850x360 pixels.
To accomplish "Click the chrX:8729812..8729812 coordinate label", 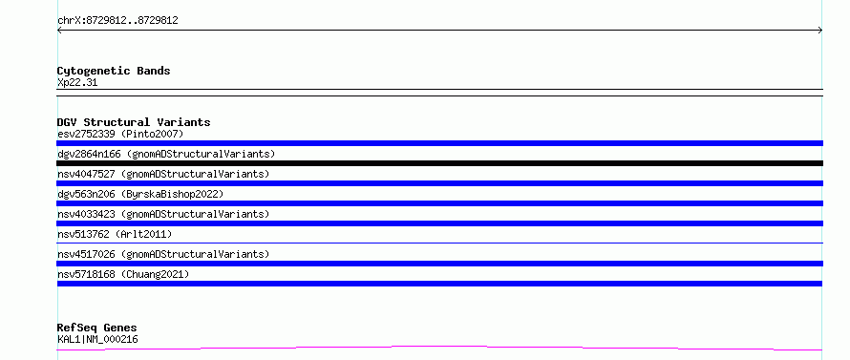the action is [117, 21].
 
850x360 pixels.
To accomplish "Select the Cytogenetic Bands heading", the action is [114, 71].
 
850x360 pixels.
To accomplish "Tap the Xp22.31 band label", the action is [77, 83].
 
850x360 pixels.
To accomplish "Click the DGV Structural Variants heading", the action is [134, 122].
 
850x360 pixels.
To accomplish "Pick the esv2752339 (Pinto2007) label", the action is [120, 134].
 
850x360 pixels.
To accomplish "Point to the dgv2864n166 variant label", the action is [166, 154].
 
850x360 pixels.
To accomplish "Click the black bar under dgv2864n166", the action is [439, 163].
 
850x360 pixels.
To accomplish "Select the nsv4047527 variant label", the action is [163, 174].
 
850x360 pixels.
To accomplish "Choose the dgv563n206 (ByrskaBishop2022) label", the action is [140, 194].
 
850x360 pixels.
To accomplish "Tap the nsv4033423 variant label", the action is [163, 214].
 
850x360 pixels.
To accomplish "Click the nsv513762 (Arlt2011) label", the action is [115, 234].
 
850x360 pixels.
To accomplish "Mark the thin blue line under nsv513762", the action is [439, 243].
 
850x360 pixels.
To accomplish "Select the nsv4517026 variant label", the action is [163, 254].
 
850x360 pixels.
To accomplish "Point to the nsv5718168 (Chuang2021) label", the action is [123, 274].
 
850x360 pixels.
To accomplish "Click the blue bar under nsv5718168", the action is [439, 284].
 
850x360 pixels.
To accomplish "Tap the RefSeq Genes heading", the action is [97, 328].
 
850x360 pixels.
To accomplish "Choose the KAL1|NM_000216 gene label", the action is [97, 339].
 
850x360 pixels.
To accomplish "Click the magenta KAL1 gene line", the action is [439, 348].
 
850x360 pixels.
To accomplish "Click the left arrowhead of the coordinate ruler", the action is [58, 31].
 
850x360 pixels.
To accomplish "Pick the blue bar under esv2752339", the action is [439, 143].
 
